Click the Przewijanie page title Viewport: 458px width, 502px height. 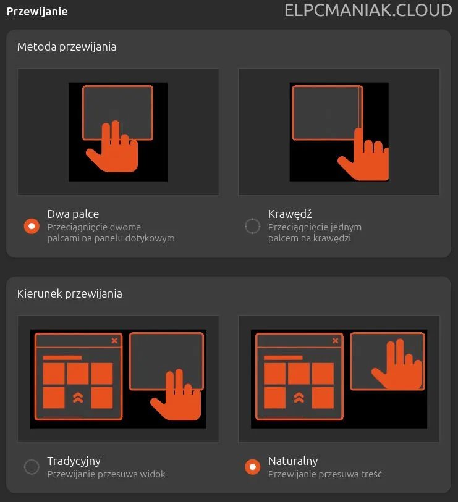click(x=37, y=12)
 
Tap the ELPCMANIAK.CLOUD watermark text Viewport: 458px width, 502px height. click(x=368, y=10)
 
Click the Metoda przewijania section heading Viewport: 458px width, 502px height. click(x=67, y=47)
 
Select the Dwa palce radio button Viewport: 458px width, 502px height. click(x=32, y=226)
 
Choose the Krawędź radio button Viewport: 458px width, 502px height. click(x=253, y=226)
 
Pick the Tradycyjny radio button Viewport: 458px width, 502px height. click(x=32, y=467)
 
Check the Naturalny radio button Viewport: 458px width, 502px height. click(x=253, y=467)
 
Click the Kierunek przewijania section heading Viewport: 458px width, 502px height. click(x=70, y=294)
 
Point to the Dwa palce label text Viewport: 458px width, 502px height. click(x=73, y=214)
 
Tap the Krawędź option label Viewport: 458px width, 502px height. click(x=290, y=214)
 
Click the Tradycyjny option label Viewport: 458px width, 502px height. click(x=74, y=461)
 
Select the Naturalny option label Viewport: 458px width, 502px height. click(x=293, y=461)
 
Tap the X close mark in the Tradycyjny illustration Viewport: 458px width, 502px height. click(x=114, y=341)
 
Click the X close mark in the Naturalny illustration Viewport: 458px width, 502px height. click(x=335, y=341)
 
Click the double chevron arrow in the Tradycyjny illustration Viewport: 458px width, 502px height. click(x=78, y=397)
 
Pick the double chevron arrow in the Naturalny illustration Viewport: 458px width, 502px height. click(x=299, y=397)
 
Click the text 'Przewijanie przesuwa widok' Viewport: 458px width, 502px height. click(x=106, y=474)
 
